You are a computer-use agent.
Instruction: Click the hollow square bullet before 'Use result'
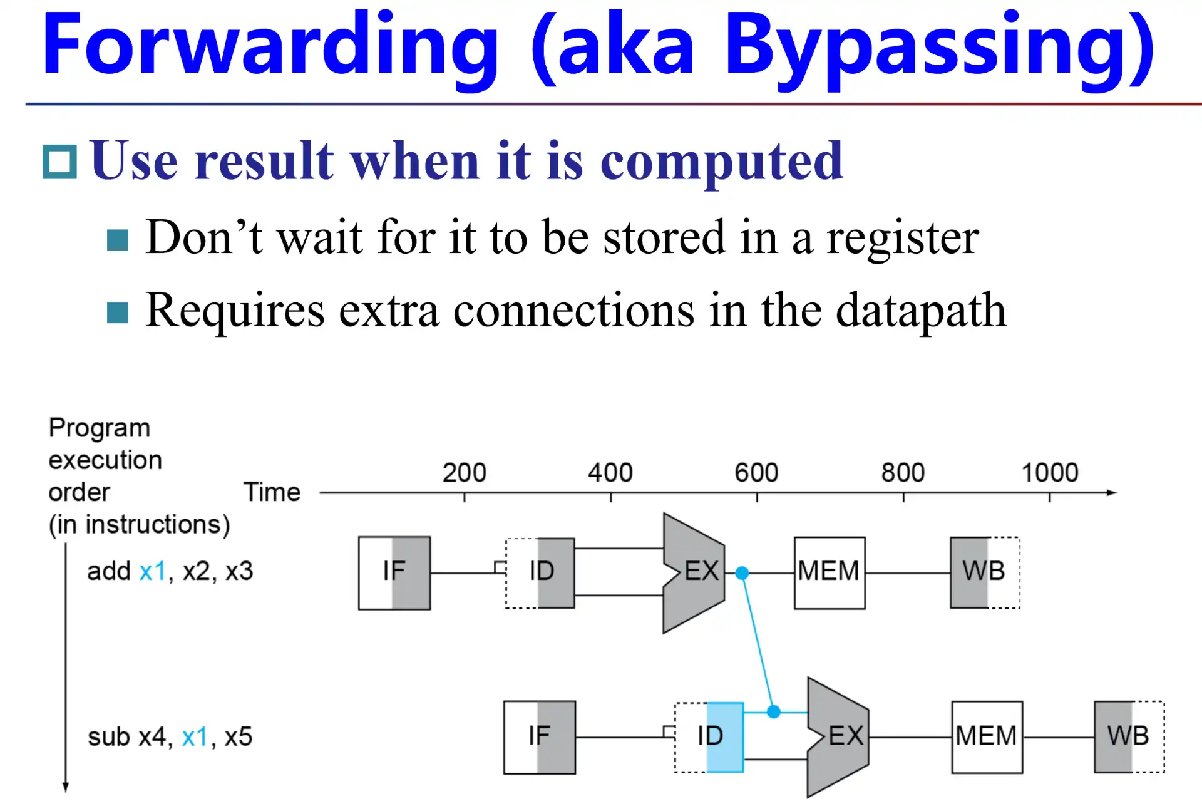(60, 162)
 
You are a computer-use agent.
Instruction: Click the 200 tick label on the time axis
(464, 473)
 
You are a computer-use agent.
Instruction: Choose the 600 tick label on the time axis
(756, 473)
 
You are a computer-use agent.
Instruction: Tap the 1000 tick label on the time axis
(1050, 473)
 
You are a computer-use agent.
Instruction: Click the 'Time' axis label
(272, 492)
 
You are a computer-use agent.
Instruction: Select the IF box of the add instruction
(394, 572)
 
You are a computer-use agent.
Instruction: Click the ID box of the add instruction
(541, 572)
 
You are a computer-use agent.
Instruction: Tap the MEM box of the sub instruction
(987, 737)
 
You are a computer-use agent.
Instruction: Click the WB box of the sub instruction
(1129, 737)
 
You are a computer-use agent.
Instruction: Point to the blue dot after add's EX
(742, 572)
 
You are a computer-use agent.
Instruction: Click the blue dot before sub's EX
(774, 711)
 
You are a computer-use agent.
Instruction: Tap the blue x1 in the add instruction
(152, 571)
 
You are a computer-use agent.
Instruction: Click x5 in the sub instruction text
(238, 737)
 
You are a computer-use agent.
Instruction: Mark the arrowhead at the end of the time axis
(1112, 493)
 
